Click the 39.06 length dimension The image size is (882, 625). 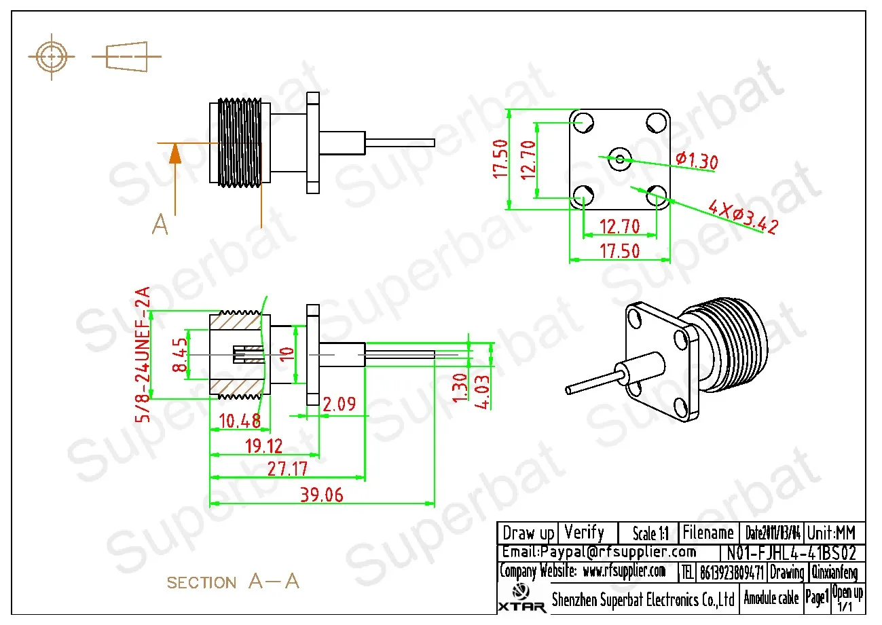(321, 495)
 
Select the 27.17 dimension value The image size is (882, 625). (287, 469)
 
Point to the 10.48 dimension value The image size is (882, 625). (240, 421)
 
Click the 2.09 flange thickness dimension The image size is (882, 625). (337, 405)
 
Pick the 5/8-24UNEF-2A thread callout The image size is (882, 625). (143, 355)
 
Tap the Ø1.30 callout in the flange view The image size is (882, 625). (697, 161)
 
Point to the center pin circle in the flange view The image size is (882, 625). (619, 159)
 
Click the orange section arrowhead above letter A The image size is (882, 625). (175, 154)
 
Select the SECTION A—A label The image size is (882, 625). (232, 582)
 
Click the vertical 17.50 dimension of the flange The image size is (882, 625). (500, 159)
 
